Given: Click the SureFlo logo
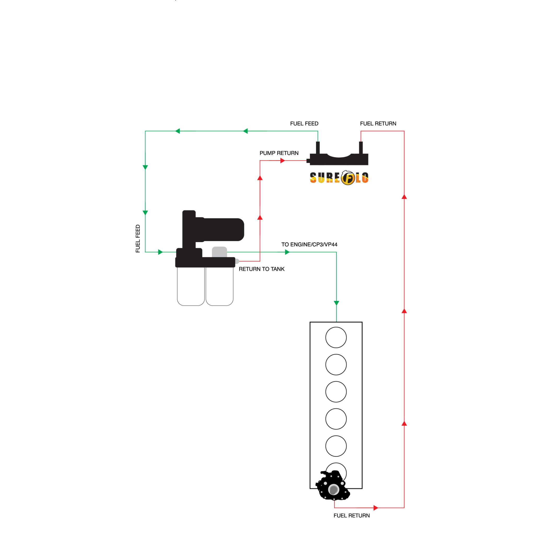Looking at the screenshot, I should tap(339, 178).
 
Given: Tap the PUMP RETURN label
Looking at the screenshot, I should tap(279, 153).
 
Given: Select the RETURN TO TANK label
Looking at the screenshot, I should tap(261, 269).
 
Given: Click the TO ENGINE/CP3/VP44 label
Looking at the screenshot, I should tap(309, 245).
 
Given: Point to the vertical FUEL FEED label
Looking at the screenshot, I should tap(138, 239).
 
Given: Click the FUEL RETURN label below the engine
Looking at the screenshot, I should tap(351, 516).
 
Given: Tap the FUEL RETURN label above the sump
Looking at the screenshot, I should tap(378, 124).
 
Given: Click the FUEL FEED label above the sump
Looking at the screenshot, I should tap(304, 124).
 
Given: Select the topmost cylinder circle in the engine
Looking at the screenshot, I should tap(336, 338).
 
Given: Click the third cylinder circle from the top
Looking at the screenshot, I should tap(336, 392).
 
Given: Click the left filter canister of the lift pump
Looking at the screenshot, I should tap(191, 287).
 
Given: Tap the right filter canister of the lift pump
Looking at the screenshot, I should tap(220, 287).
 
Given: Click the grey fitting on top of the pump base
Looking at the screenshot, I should tap(219, 252).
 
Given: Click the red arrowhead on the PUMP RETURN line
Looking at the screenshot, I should tap(282, 161).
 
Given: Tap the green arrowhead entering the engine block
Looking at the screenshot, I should tap(336, 303).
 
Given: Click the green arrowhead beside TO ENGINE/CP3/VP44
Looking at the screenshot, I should tap(287, 252).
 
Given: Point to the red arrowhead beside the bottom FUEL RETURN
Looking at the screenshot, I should tap(375, 508).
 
